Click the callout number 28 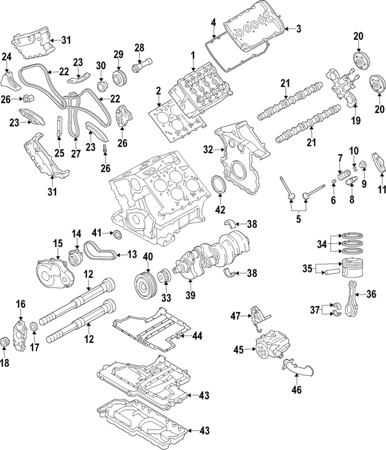coord(139,48)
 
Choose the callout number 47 coord(235,315)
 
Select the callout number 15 coord(57,243)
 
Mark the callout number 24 coord(7,57)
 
